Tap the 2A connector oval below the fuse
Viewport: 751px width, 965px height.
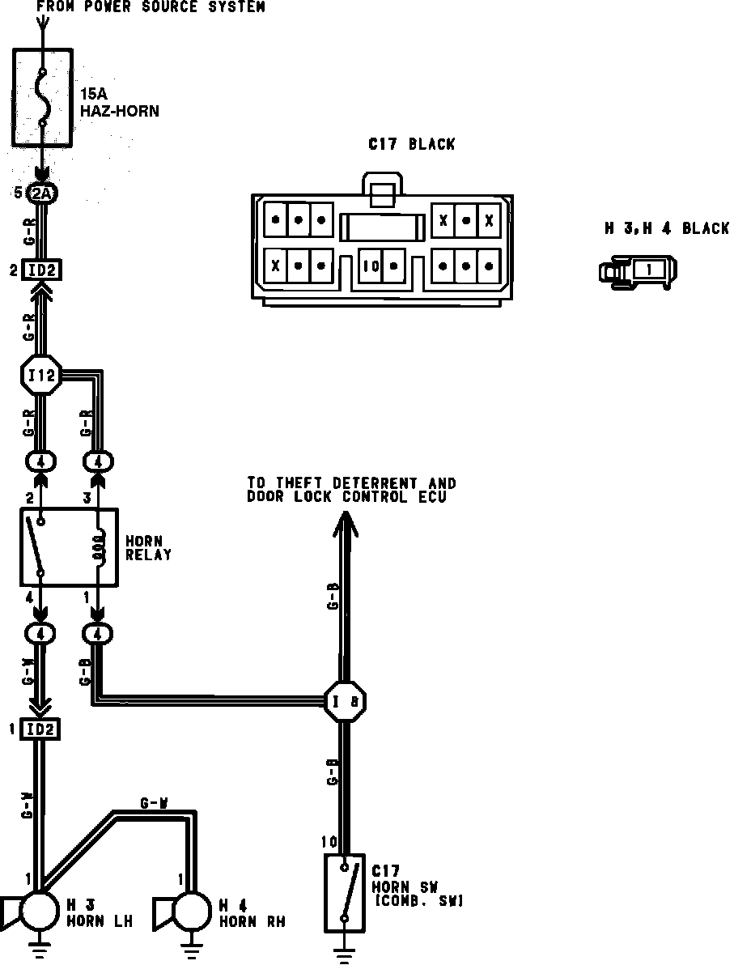42,193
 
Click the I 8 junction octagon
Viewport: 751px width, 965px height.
346,701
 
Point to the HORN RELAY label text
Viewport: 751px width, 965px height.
148,548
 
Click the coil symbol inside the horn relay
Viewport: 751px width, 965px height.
99,547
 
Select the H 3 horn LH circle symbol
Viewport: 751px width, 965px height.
39,911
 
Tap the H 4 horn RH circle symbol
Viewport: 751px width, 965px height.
192,911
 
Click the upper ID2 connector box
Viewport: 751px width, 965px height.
42,270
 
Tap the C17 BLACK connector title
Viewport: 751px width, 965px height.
411,145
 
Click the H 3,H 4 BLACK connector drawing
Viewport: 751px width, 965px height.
639,270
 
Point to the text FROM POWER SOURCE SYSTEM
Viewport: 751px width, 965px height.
151,6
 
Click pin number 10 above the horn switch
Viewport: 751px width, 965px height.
329,843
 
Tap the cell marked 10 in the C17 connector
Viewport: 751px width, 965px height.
371,266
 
